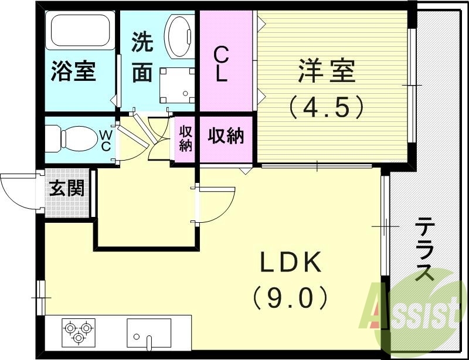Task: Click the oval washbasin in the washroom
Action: pos(179,35)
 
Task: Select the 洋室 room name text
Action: pos(327,73)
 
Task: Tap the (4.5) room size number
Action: pos(327,107)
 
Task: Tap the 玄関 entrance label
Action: pos(66,189)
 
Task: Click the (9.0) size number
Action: pos(291,300)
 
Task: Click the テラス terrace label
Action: pos(426,249)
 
